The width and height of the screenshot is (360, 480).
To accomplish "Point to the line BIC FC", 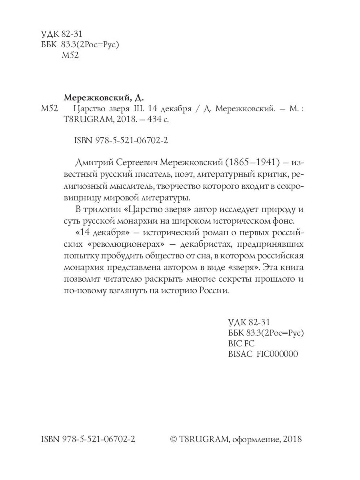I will point(241,344).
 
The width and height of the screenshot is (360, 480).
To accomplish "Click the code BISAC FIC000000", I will point(263,354).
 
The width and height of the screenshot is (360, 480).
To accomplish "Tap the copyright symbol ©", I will point(174,440).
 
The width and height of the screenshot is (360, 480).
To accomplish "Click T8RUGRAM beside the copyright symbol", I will point(198,440).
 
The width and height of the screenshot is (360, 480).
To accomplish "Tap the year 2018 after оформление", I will point(292,440).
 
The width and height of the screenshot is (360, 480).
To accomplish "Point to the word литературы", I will point(163,197).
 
